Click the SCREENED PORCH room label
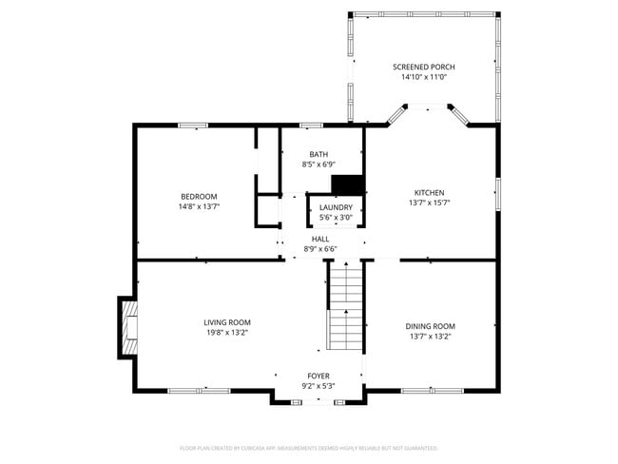point(424,67)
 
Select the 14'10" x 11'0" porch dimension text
point(424,77)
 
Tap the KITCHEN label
point(429,192)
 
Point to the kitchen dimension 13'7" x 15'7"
point(429,203)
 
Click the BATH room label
point(319,154)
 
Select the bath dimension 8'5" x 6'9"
point(319,164)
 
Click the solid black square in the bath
point(347,184)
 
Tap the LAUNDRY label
point(336,207)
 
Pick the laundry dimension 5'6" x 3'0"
point(336,218)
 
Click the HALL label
point(320,239)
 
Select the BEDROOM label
point(199,196)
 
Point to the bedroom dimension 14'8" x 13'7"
point(199,206)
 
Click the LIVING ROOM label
point(227,322)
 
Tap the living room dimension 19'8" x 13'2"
point(227,333)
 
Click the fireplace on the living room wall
point(127,328)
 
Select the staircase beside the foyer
point(346,306)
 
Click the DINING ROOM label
point(430,325)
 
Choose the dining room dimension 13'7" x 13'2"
point(430,336)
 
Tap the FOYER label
point(319,377)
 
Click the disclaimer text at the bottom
point(308,447)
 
